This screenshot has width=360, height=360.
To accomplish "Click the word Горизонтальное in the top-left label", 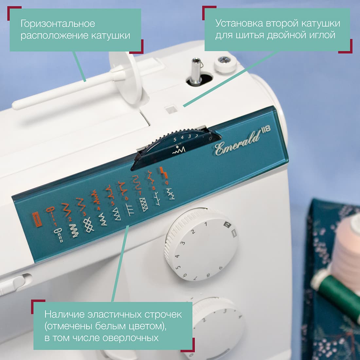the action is [58, 24].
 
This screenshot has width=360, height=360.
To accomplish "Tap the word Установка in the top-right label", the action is [239, 23].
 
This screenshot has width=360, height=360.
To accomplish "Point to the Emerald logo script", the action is [237, 144].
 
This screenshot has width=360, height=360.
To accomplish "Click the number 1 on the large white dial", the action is [206, 224].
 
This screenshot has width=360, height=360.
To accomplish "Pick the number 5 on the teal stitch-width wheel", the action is [175, 140].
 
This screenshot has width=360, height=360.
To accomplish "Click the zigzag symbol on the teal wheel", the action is [179, 151].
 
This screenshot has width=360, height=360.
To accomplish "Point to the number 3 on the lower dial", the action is [225, 311].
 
